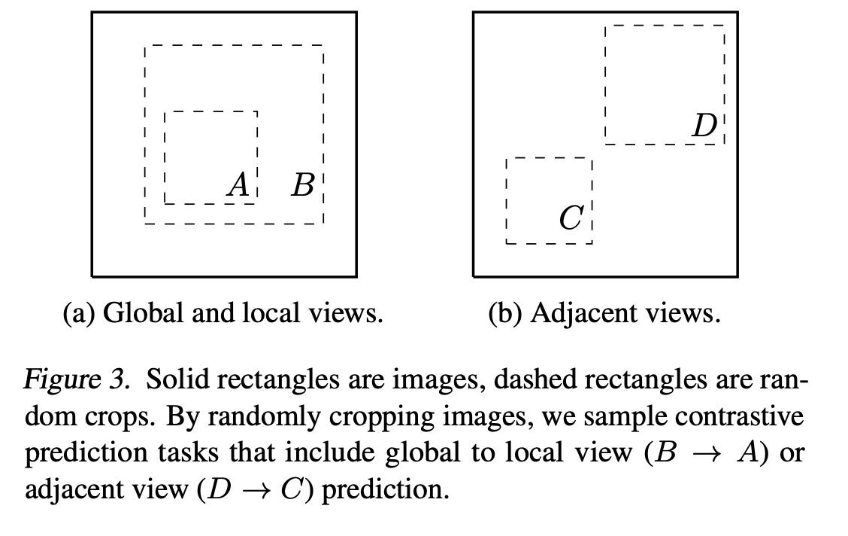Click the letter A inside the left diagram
pyautogui.click(x=238, y=184)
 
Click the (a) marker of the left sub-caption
pyautogui.click(x=78, y=312)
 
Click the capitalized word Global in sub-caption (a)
pyautogui.click(x=132, y=312)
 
